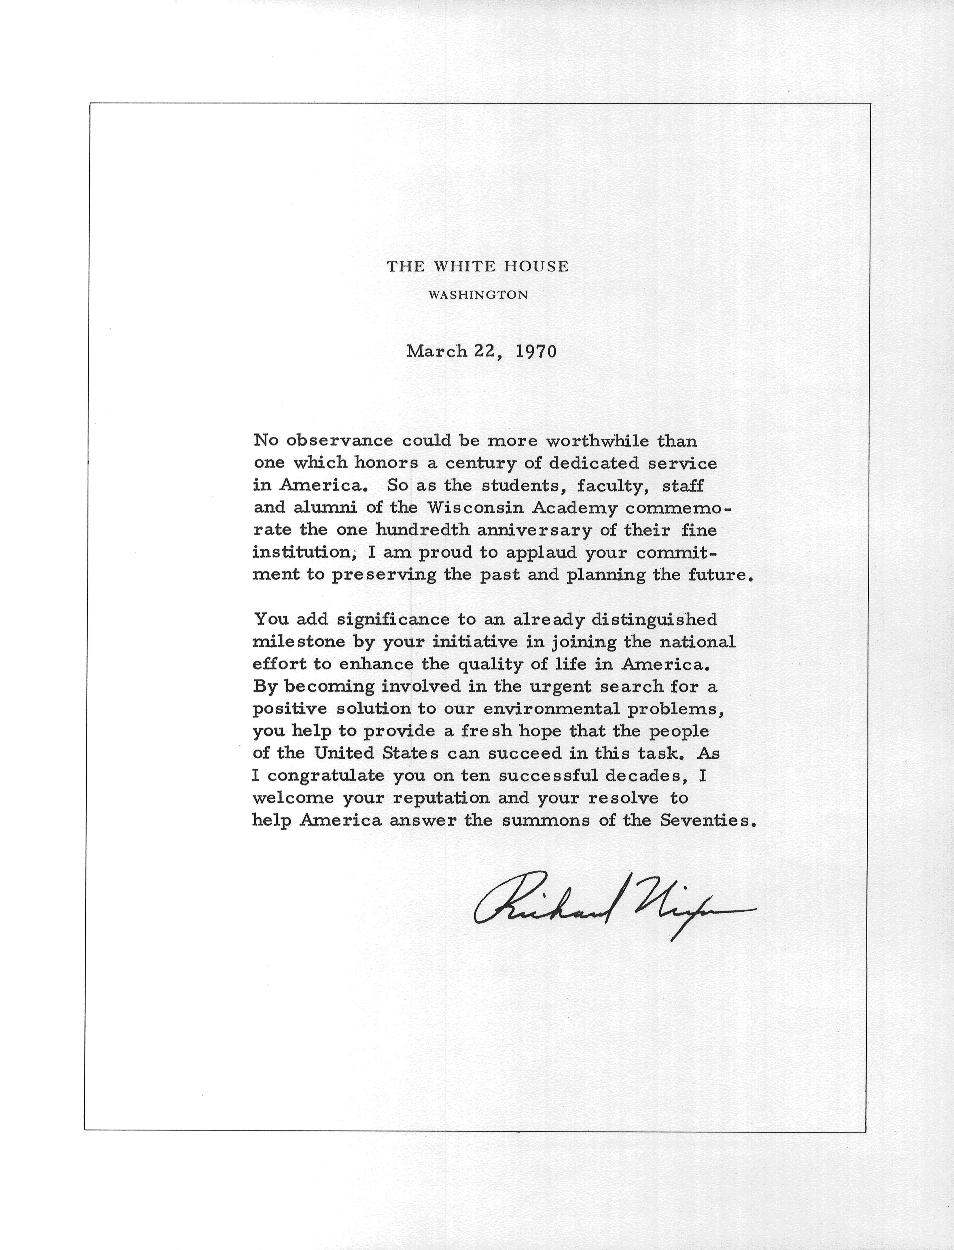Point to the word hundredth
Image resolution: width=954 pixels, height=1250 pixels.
point(423,530)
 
